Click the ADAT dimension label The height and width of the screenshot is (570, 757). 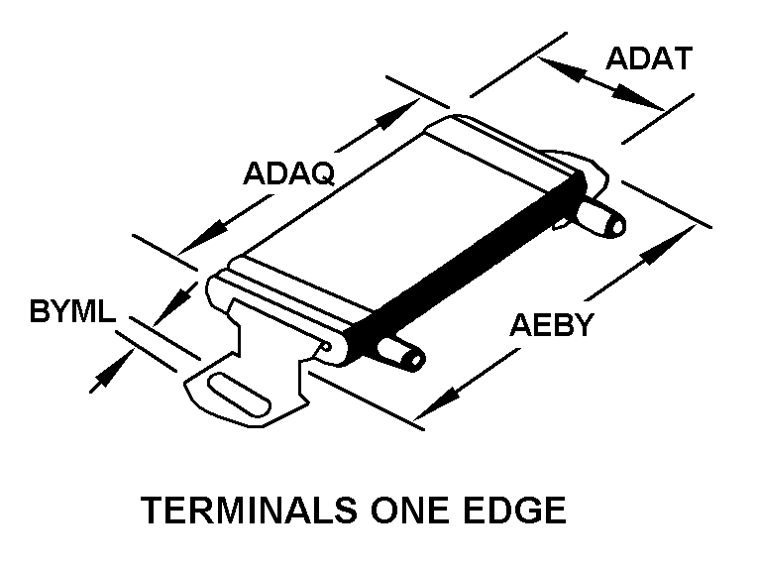tap(648, 59)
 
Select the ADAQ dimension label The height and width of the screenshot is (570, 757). tap(289, 172)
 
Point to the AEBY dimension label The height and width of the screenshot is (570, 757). tap(551, 324)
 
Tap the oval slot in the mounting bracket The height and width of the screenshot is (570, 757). tap(238, 394)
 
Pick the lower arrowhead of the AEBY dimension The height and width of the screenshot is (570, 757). tap(432, 410)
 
